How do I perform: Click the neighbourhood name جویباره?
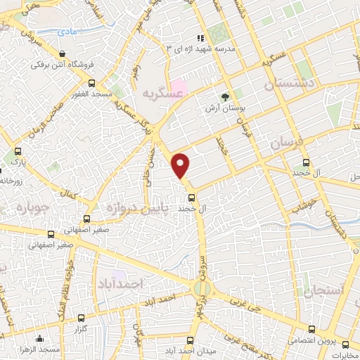point(25,208)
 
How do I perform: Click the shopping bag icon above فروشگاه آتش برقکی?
point(64,54)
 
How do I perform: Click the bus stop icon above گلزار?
point(81,318)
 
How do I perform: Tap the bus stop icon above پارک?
point(17,150)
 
